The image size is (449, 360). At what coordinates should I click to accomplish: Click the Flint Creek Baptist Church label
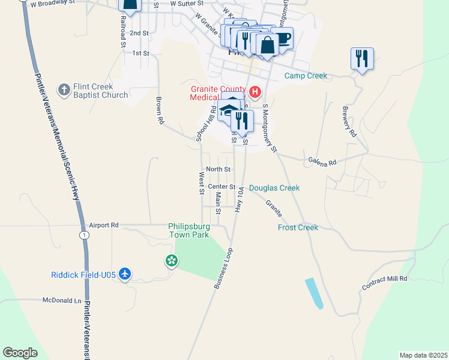tap(100, 91)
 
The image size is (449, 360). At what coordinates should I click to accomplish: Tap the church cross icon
tap(64, 91)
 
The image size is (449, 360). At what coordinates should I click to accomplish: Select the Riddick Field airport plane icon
tap(125, 274)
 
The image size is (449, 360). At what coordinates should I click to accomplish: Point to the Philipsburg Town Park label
tap(188, 230)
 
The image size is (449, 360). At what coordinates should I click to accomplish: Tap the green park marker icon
tap(171, 260)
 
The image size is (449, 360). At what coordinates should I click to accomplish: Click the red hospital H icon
tap(255, 92)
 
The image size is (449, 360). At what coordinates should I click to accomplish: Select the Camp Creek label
tap(306, 76)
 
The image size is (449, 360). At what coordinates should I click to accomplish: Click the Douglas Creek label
tap(274, 188)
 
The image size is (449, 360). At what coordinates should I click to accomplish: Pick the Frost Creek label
tap(298, 227)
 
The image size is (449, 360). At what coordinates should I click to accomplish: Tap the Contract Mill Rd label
tap(384, 284)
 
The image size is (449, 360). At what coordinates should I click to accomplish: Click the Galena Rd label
tap(322, 161)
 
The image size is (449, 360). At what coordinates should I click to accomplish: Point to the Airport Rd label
tap(104, 225)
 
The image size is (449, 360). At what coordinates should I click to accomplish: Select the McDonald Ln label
tap(61, 300)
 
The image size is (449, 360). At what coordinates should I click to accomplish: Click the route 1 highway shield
tap(85, 235)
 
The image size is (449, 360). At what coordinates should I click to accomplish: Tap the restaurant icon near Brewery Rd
tap(362, 58)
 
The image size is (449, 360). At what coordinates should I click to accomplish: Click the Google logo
tap(20, 353)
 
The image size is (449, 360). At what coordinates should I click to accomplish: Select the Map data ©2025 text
tap(423, 355)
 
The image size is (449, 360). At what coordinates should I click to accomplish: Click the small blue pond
tap(314, 293)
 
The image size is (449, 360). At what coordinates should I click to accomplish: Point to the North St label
tap(218, 170)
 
